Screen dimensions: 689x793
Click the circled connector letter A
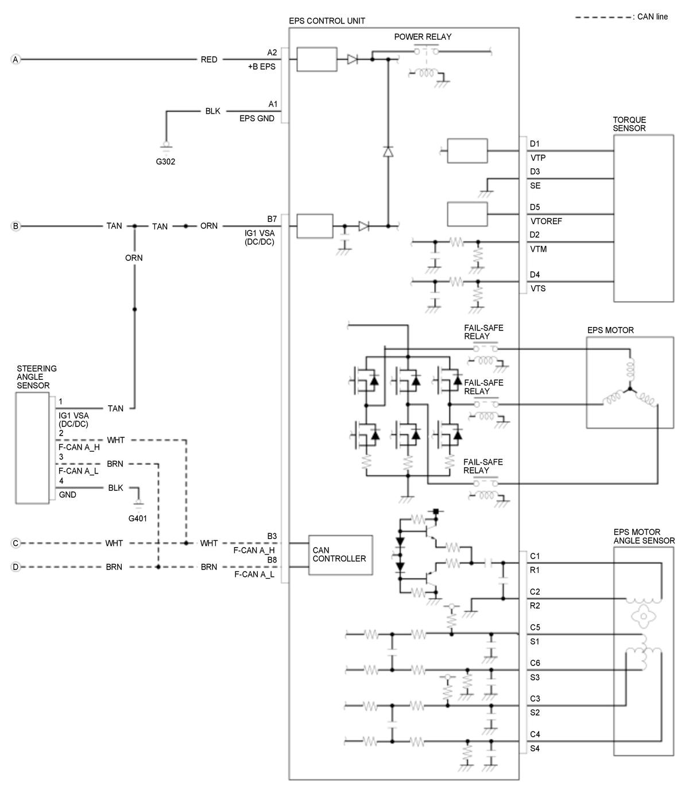click(16, 59)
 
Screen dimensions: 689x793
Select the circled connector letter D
click(16, 567)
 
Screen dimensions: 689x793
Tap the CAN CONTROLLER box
click(340, 555)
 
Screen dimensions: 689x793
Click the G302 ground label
click(165, 161)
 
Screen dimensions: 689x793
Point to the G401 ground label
click(137, 518)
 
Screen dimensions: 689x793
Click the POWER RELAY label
click(423, 37)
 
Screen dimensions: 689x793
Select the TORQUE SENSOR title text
click(629, 124)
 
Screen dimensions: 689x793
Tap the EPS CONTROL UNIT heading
click(327, 21)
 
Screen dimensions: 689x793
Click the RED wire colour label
click(209, 60)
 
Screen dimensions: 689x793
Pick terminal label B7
click(272, 219)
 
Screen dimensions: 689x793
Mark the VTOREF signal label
click(546, 221)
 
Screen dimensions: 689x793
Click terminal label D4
click(535, 275)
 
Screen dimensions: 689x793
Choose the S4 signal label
click(535, 748)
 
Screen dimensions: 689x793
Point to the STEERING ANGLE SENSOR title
click(36, 377)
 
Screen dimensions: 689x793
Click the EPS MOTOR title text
click(610, 330)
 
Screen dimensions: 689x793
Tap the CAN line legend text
click(653, 17)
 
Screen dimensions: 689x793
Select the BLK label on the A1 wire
click(212, 111)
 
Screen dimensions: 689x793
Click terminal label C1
click(535, 556)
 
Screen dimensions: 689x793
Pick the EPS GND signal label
click(257, 118)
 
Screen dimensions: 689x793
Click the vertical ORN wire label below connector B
click(134, 258)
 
